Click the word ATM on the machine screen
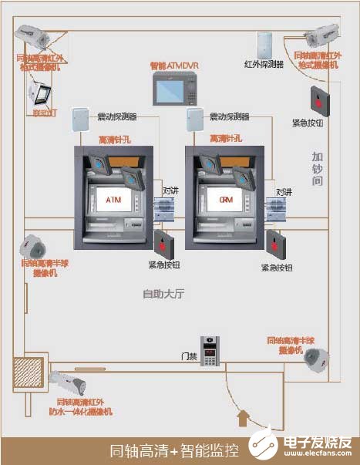point(113,200)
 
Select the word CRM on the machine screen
point(226,200)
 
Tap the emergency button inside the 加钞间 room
point(318,99)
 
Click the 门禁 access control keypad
point(209,351)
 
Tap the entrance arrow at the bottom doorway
point(244,418)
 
